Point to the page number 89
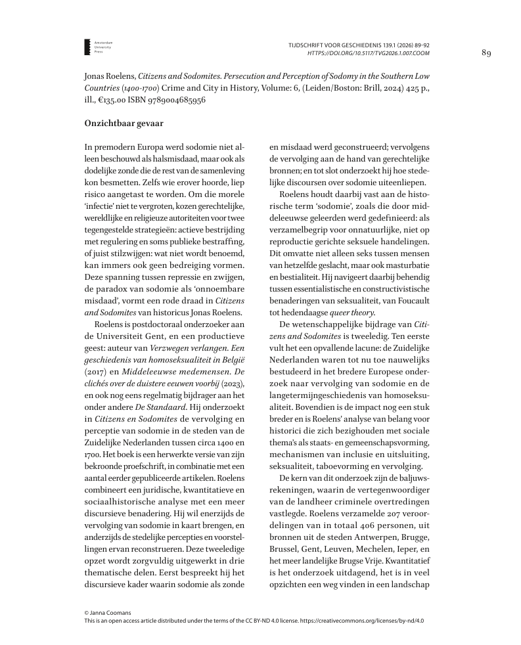coord(486,53)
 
